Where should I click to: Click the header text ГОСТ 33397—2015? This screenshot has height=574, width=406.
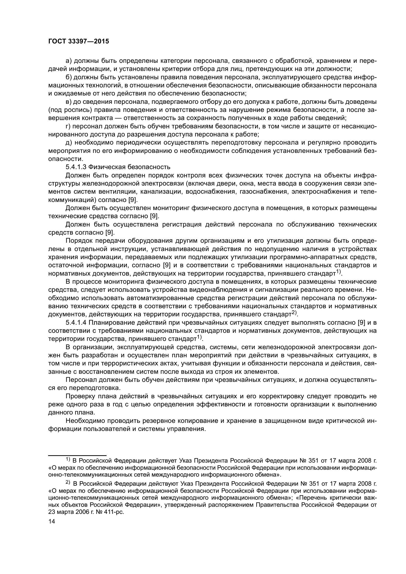[x=79, y=41]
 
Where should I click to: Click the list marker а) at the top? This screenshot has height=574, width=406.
[x=69, y=61]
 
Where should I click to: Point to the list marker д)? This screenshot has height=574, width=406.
[x=69, y=143]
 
